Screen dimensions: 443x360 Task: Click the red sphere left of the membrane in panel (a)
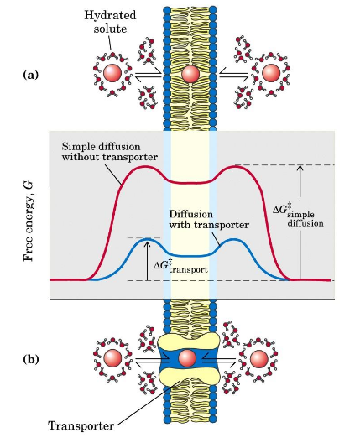pos(112,74)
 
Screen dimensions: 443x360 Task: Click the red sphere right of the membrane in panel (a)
pos(269,74)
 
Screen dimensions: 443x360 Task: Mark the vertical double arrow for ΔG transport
pos(147,259)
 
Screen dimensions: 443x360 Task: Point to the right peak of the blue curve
pos(235,240)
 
